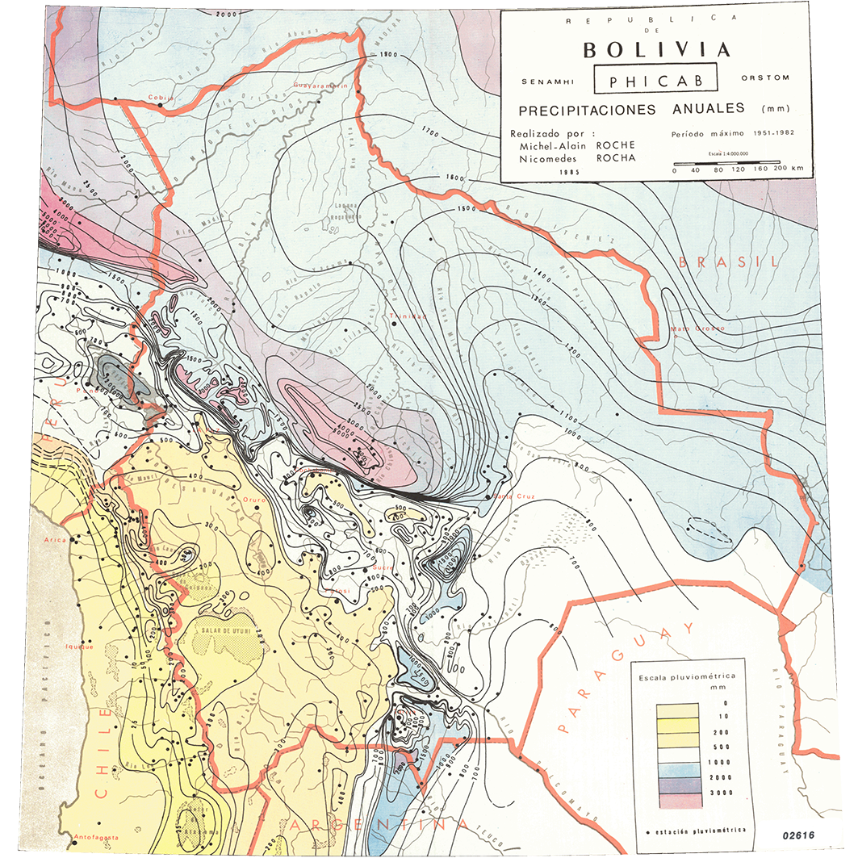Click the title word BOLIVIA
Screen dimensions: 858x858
click(x=656, y=49)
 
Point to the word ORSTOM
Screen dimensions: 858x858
click(x=764, y=78)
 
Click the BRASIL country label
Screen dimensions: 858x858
click(x=729, y=262)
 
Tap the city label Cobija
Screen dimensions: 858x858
click(x=161, y=98)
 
